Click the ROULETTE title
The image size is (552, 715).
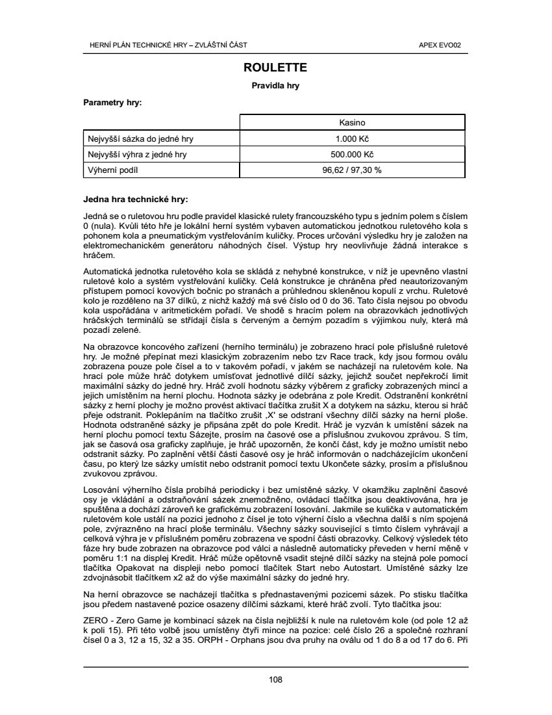pos(275,68)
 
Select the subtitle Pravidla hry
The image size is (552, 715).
pos(275,85)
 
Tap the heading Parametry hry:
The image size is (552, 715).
pos(113,103)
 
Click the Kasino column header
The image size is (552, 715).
pos(353,122)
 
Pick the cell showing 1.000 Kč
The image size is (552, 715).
pos(353,138)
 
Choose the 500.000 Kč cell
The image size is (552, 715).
pos(353,154)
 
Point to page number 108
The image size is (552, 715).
pos(275,680)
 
